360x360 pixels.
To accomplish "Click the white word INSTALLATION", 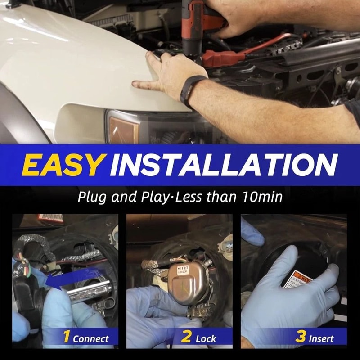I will tap(223, 165).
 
